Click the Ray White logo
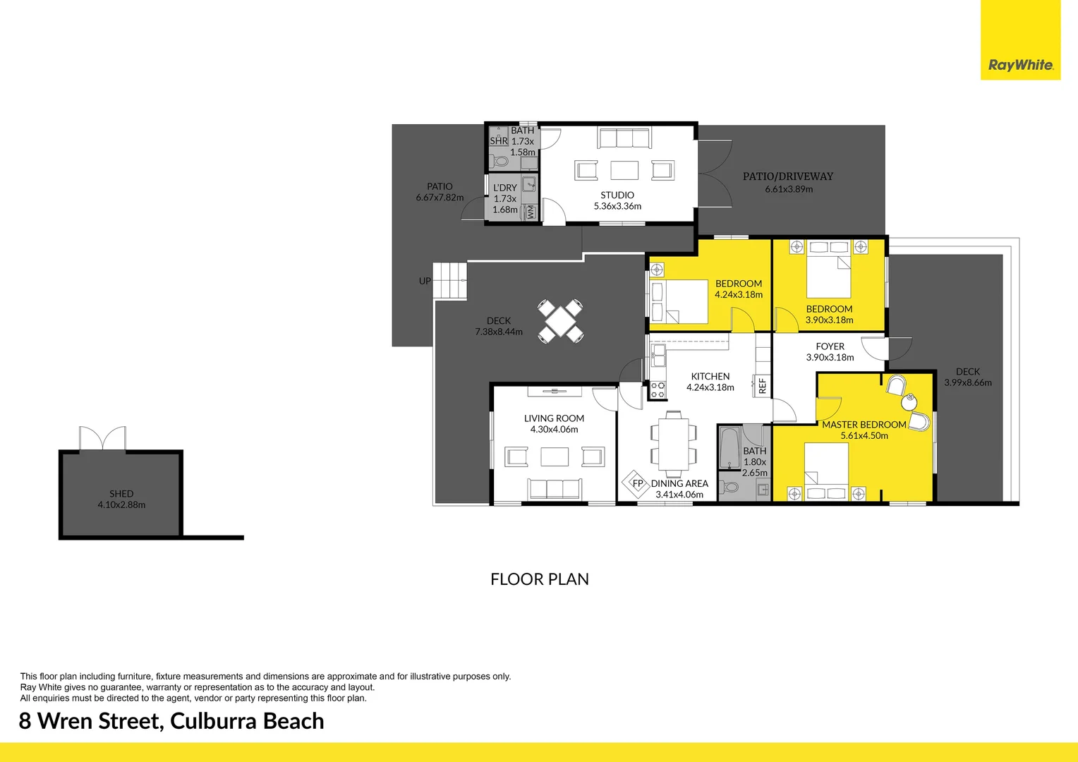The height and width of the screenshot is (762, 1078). coord(1020,65)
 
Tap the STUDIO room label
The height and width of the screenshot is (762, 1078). coord(617,195)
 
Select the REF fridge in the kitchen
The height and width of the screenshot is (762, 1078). coord(762,385)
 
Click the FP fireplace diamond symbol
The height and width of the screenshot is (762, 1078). coord(637,484)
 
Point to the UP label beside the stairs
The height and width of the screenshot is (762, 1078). coord(425,281)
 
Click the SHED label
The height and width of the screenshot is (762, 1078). coord(121,494)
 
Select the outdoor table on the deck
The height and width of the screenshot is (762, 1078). coord(560,322)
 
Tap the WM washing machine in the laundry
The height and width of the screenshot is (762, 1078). coord(531,212)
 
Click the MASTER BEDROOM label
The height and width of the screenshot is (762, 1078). coord(864,425)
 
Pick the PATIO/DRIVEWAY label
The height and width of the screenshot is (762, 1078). coord(788,176)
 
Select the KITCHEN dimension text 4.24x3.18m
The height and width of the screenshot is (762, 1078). coord(710,387)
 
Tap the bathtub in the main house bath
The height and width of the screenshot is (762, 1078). coord(729,447)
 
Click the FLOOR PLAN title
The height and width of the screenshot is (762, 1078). coord(540,579)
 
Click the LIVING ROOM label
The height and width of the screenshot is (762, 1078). coord(554,418)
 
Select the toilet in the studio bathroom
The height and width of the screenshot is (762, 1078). coord(500,161)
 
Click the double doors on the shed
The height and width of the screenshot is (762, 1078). coord(102,439)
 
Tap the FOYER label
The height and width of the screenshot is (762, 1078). coord(830,346)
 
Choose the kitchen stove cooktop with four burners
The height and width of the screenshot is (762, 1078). coord(658,390)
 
